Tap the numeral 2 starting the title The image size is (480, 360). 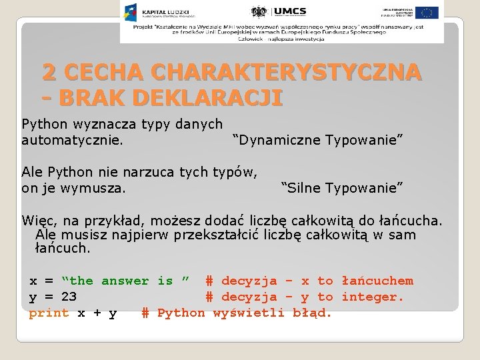(x=49, y=71)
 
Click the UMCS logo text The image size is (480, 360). (x=290, y=12)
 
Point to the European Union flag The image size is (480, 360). (x=428, y=12)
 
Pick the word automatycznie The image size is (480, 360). (x=71, y=140)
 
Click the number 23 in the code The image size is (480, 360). (x=69, y=297)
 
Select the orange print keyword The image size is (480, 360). (x=49, y=313)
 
